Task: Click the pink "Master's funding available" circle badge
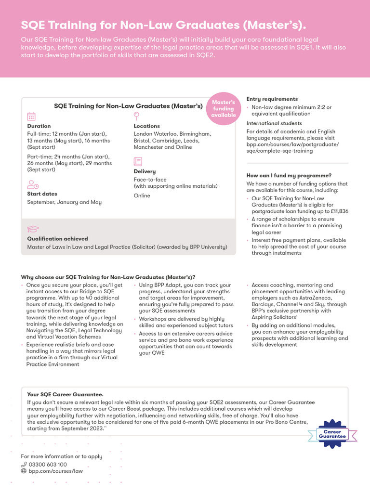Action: (x=224, y=108)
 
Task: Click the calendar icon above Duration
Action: (x=31, y=116)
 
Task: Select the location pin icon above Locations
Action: (x=137, y=116)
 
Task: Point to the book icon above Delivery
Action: (x=138, y=161)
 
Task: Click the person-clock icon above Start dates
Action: (x=33, y=184)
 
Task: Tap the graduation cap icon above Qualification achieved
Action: (x=33, y=229)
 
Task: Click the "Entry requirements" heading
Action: (x=272, y=99)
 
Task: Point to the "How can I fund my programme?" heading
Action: (x=289, y=176)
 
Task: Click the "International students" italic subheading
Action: (x=274, y=123)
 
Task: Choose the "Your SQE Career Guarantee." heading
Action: (x=65, y=394)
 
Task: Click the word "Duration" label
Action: (x=39, y=126)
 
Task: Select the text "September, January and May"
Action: (x=64, y=202)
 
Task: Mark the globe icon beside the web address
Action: (x=24, y=471)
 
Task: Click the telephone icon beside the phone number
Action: (x=24, y=465)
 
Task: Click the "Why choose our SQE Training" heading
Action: (x=108, y=277)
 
